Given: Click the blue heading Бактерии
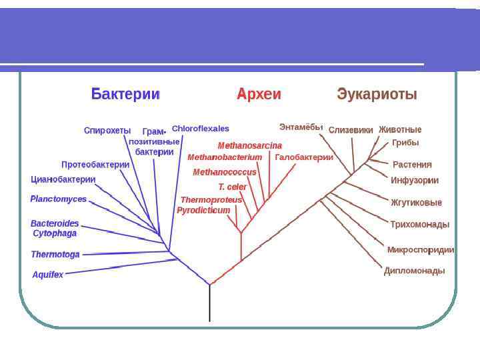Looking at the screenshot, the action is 125,94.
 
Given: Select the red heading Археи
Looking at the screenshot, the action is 259,94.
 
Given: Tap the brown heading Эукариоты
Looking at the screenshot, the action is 377,94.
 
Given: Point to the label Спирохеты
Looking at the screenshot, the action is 107,130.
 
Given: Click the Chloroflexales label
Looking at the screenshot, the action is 200,128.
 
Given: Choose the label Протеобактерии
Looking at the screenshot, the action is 95,164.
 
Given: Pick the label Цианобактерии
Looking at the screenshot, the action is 63,179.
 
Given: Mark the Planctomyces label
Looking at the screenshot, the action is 59,199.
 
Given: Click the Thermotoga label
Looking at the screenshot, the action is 55,254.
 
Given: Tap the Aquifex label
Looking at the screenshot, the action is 48,274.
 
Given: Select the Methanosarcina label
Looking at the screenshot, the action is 250,145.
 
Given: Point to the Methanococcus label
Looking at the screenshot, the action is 225,172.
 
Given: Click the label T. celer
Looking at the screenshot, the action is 232,187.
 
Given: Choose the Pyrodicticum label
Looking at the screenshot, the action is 203,210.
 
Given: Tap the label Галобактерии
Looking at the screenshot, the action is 304,157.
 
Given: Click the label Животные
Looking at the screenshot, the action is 400,129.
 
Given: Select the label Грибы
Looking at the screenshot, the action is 405,143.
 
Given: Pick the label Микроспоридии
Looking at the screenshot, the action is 421,250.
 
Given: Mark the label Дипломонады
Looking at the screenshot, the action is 414,271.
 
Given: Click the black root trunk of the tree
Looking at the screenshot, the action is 210,303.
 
